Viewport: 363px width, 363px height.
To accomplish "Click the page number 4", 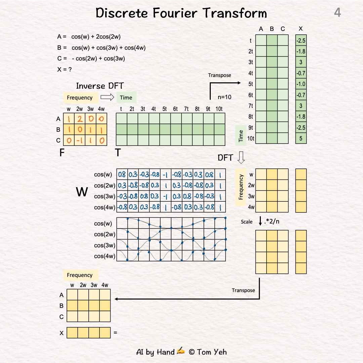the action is pos(337,13).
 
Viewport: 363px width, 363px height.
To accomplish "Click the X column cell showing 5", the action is pos(301,138).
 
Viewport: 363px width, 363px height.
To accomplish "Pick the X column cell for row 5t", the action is pos(301,84).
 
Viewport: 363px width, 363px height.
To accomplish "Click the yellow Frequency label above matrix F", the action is pos(80,98).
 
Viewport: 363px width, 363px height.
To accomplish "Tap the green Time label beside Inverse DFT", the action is pos(126,98).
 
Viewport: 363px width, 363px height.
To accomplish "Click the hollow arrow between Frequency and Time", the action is pos(108,97).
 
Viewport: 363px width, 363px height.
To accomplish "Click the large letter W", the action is pos(82,192).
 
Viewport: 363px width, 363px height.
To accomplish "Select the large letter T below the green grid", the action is pos(118,153).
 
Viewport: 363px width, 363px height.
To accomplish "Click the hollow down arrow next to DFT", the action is pos(241,157).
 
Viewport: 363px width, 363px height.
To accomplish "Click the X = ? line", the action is pos(65,70).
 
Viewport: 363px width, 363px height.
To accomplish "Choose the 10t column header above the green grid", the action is pos(219,109).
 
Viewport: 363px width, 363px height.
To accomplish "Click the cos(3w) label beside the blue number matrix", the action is pos(104,196).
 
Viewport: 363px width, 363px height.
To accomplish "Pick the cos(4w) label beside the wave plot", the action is pos(104,256).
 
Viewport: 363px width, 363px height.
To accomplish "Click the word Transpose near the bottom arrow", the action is pos(243,290).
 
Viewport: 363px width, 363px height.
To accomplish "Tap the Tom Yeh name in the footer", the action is pos(212,352).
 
